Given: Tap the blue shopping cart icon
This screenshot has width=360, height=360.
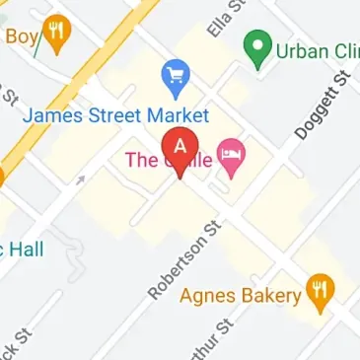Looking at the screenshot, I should click(x=177, y=76).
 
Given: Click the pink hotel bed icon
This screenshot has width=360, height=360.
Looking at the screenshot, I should click(x=231, y=155).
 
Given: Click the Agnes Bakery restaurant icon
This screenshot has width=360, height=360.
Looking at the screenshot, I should click(x=319, y=291).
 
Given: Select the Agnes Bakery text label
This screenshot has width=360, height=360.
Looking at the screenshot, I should click(x=238, y=295).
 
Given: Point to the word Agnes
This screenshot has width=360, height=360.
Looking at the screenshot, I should click(x=209, y=295).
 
